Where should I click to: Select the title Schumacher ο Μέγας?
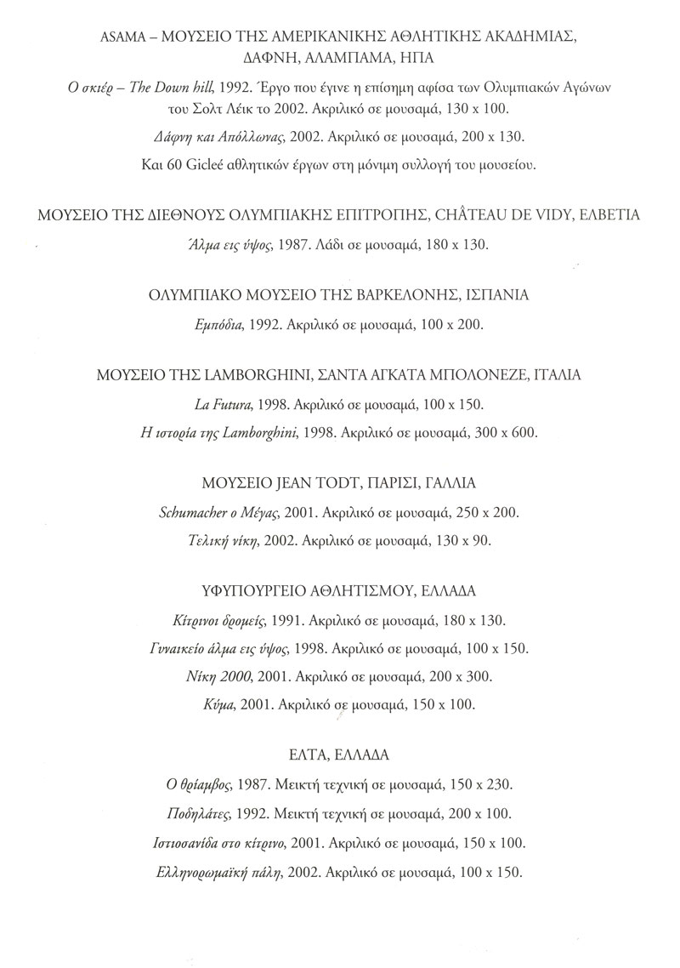212,513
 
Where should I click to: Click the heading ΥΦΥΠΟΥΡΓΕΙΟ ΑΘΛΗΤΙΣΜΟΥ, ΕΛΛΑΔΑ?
338,590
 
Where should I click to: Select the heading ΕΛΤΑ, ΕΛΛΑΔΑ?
338,754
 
